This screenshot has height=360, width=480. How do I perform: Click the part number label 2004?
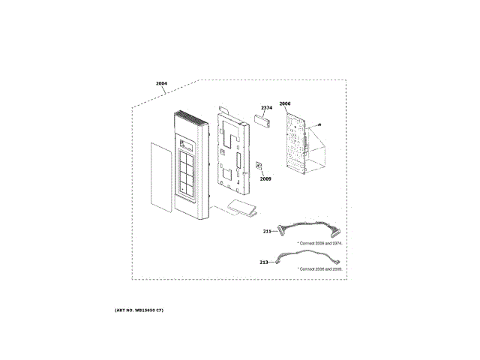161,84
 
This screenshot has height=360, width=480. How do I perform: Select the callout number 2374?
266,108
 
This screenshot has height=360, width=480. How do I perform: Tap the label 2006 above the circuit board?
284,103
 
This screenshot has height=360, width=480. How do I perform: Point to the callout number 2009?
265,179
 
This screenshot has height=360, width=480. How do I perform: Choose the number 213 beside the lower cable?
263,262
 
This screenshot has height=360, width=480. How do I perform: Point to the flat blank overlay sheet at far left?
158,176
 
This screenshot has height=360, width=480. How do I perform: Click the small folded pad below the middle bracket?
242,208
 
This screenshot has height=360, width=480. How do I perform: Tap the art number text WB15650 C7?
139,310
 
